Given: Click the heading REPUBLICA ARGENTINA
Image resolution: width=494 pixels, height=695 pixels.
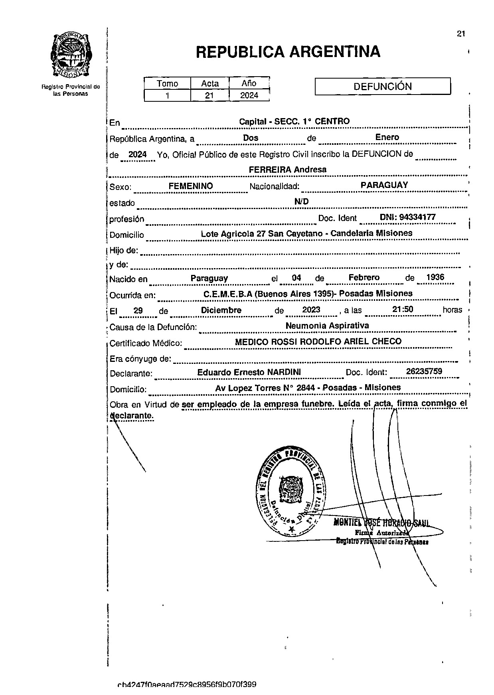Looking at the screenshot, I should [288, 52].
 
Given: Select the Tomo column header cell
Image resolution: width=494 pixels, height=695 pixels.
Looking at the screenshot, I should [167, 83].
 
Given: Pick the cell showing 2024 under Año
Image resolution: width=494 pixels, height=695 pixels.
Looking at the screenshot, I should [249, 95].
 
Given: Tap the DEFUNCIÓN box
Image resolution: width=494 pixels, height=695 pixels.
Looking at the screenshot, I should [382, 86].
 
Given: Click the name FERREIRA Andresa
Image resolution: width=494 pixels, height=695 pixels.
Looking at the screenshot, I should [287, 170].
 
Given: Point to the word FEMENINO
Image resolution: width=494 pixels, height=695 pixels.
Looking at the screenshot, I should [191, 186].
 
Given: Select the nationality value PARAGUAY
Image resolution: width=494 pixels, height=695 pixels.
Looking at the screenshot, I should [384, 185].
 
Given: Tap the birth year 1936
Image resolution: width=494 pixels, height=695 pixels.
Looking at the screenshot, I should [435, 278].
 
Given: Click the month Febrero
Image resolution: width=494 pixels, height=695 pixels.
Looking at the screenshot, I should [364, 278].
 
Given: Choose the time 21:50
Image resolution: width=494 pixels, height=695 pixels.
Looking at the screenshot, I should [403, 310].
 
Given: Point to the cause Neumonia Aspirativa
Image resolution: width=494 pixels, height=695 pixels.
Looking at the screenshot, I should [327, 326].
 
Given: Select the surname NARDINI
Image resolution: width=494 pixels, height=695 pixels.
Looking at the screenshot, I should [284, 372].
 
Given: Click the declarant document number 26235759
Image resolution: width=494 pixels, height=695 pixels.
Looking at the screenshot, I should [424, 371].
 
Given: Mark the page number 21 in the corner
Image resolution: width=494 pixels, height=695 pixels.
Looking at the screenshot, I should [461, 34].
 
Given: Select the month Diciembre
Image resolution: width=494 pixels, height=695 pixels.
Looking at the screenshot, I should [221, 310].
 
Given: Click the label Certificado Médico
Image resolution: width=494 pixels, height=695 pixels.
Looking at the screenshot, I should [146, 343].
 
